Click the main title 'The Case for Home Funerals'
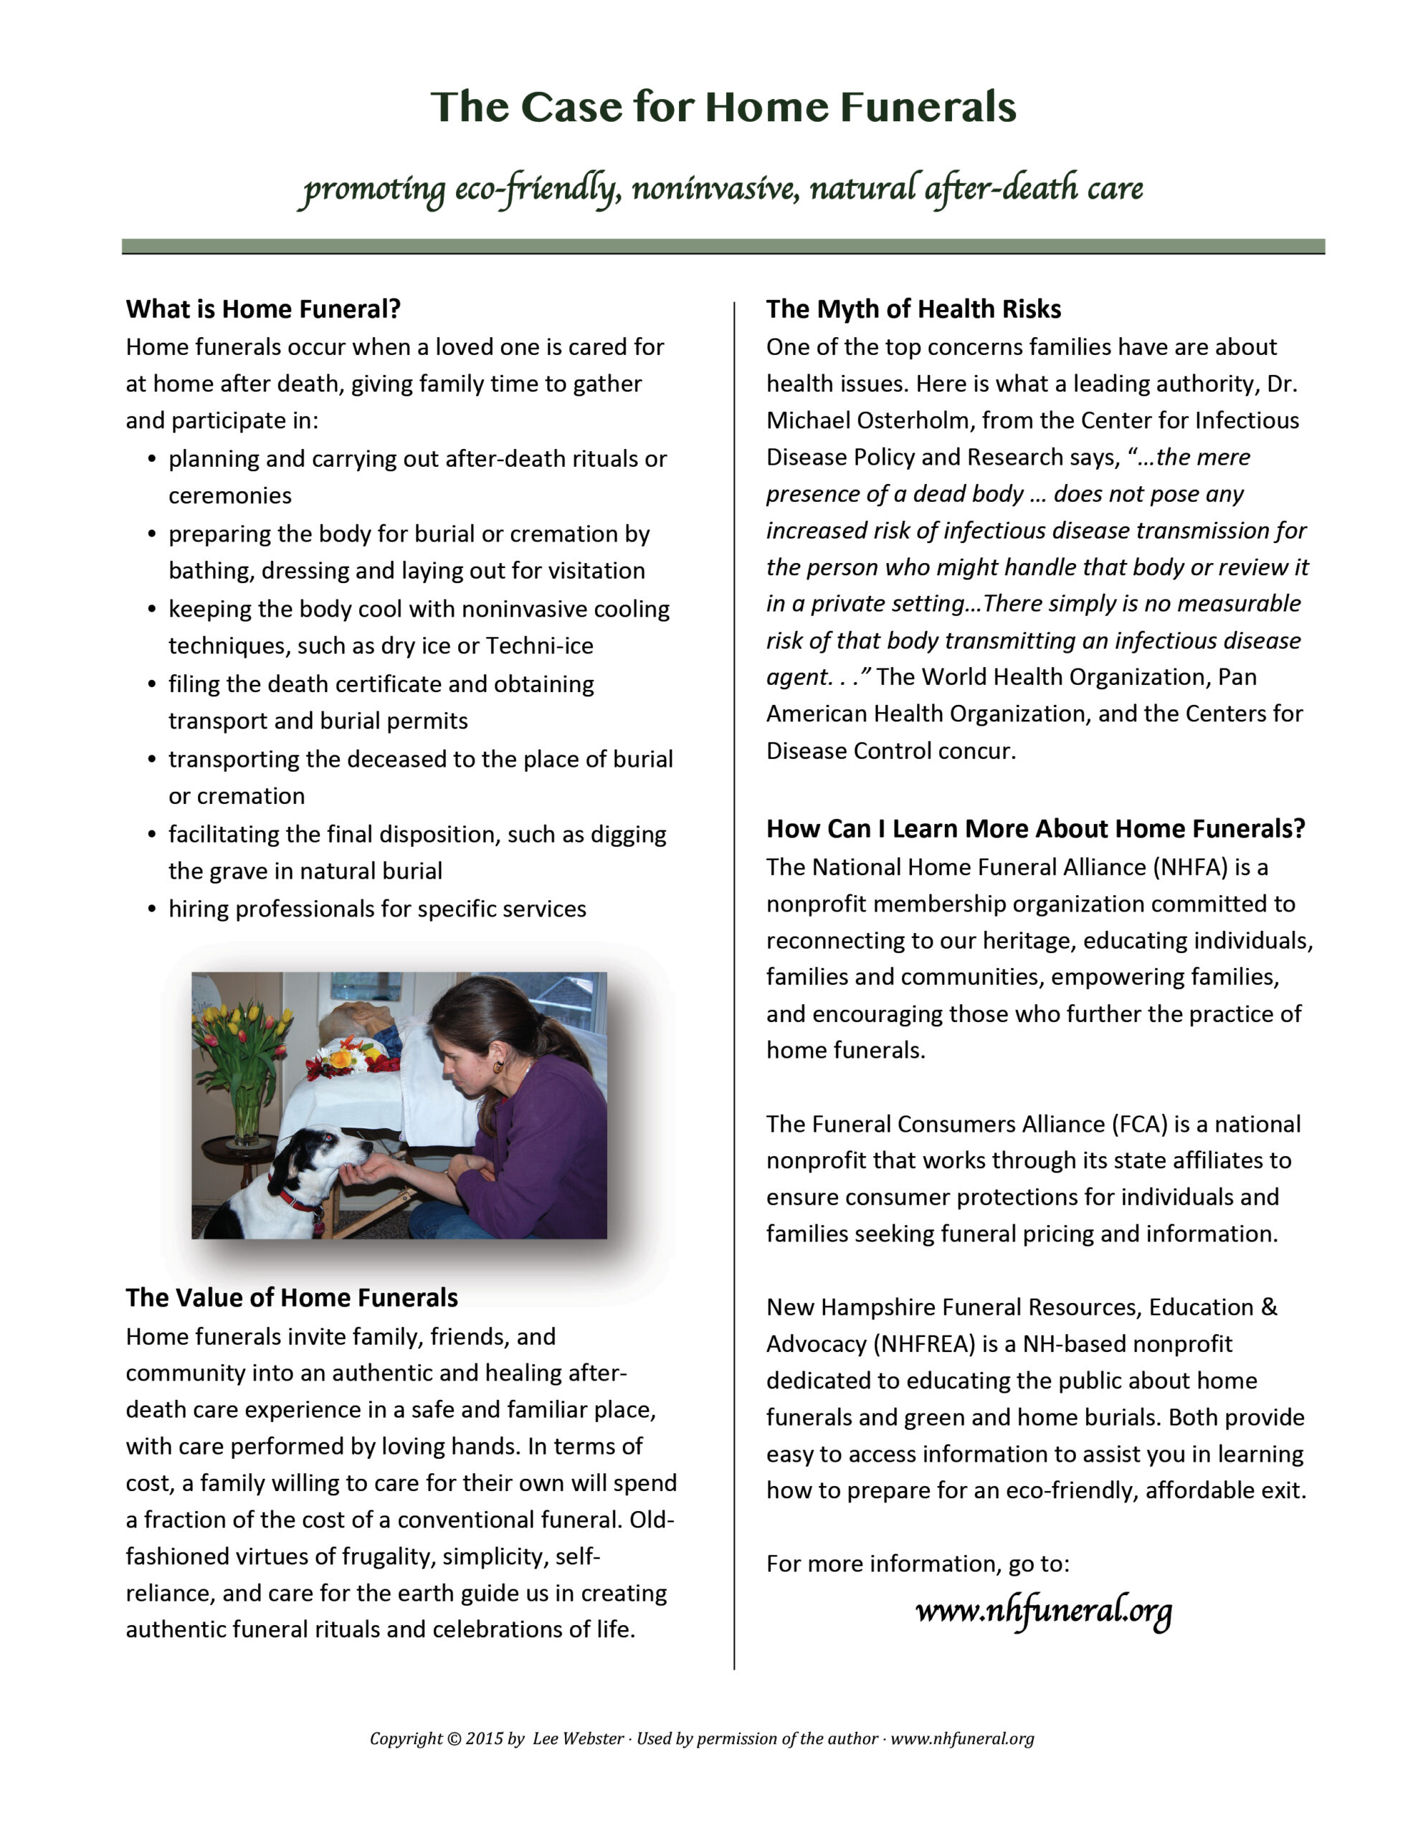(723, 107)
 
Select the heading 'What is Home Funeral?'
(263, 308)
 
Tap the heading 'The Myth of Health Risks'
(913, 308)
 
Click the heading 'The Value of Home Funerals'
(292, 1297)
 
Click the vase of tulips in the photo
(244, 1068)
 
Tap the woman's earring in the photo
(498, 1065)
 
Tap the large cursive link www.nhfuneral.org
(1042, 1611)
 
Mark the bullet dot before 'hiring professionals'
(152, 909)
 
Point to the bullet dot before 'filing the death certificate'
(152, 684)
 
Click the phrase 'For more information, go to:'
(917, 1563)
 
